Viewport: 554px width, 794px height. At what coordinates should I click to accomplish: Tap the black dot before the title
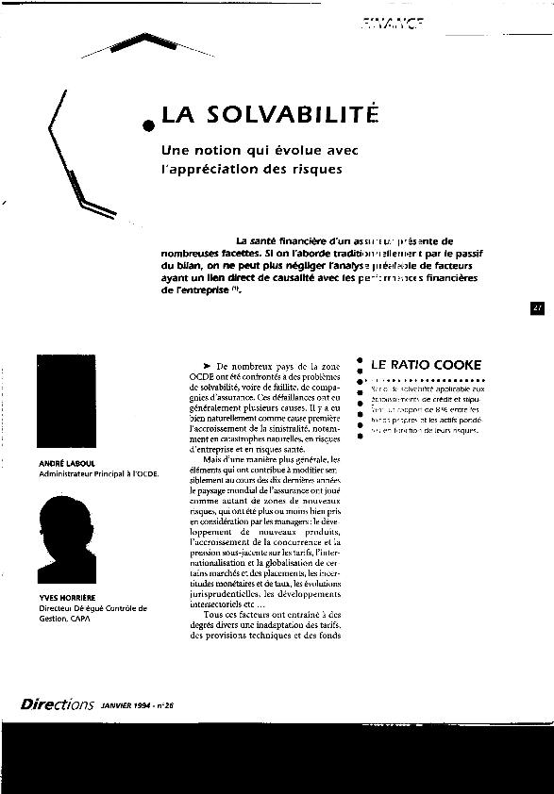(149, 124)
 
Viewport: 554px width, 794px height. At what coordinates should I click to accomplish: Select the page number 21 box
(537, 308)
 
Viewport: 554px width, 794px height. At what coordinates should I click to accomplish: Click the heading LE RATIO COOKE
(426, 364)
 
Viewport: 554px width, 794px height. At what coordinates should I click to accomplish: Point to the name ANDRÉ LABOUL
(64, 464)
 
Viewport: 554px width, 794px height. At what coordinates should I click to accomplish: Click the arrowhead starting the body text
(205, 365)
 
